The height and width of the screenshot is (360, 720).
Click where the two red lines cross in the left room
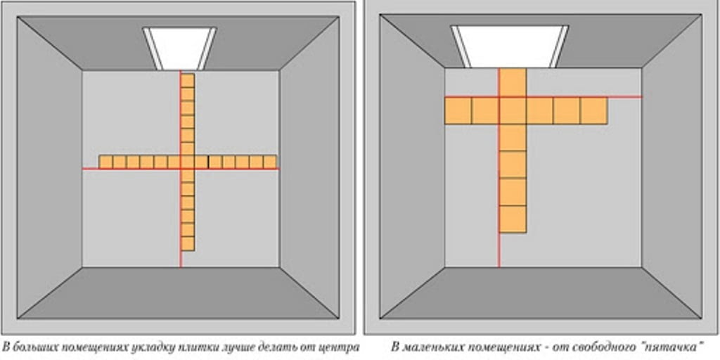tap(181, 169)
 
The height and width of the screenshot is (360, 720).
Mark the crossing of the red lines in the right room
tap(499, 97)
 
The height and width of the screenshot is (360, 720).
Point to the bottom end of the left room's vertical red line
tap(181, 266)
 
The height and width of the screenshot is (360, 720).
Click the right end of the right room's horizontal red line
tap(641, 97)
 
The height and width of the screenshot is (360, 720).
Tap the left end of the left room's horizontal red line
tap(83, 169)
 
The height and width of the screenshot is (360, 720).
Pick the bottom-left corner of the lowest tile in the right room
tap(499, 233)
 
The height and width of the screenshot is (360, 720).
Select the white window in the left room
tap(179, 49)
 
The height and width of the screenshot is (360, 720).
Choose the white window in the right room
tap(510, 46)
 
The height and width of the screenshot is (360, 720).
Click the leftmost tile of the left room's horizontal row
tap(106, 162)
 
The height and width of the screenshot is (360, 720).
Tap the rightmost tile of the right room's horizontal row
tap(593, 110)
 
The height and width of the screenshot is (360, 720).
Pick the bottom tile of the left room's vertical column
tap(187, 244)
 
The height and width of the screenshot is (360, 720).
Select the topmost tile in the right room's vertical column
tap(513, 83)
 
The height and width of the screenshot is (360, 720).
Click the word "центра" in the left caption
tap(340, 346)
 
